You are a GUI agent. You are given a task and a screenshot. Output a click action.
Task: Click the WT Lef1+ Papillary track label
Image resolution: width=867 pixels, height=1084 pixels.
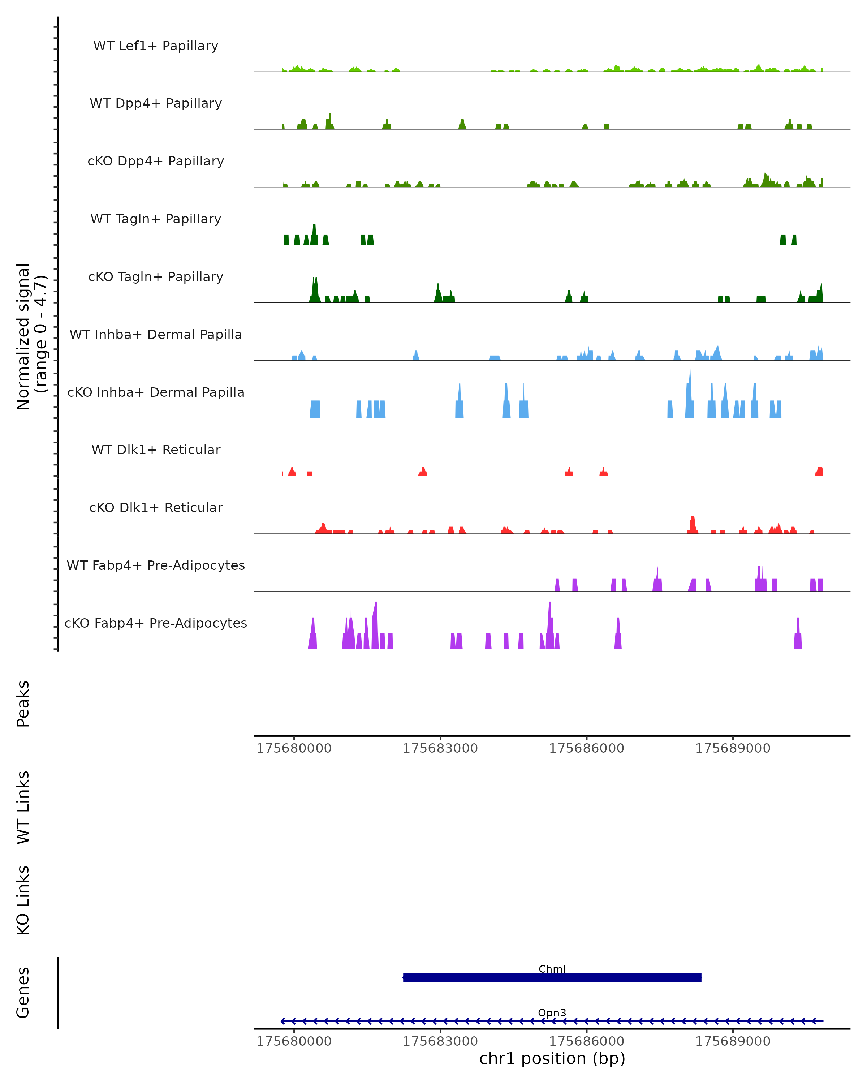point(156,46)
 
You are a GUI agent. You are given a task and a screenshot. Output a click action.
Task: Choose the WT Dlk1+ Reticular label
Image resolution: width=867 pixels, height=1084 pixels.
point(156,449)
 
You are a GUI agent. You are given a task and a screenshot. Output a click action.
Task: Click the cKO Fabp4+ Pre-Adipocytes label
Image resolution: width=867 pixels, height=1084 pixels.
point(156,623)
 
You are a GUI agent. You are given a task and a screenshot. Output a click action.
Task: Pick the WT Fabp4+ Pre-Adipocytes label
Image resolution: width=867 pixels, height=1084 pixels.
point(156,565)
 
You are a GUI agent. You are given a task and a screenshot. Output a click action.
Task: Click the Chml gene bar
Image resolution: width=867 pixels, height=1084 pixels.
point(552,977)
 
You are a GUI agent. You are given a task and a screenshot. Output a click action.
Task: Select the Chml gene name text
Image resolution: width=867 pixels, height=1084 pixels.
point(552,969)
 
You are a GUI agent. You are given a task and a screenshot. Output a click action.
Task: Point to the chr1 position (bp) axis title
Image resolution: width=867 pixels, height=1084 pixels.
point(552,1059)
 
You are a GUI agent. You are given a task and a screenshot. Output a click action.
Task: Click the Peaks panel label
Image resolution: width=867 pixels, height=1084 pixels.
point(23,704)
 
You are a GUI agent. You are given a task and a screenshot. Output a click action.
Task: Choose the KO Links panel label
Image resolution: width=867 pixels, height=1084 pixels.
point(23,900)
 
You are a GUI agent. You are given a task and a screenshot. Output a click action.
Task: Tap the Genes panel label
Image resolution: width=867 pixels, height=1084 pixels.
point(23,993)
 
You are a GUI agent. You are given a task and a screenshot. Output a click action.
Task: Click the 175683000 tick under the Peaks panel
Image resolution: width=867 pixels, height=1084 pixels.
point(440,748)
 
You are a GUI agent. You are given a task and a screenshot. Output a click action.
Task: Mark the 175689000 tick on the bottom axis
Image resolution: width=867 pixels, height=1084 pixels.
point(733,1041)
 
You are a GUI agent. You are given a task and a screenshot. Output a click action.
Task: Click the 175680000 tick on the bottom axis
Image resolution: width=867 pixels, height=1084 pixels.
point(294,1041)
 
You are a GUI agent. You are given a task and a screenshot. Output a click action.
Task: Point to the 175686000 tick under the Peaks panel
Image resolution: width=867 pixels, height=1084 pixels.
point(587,748)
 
